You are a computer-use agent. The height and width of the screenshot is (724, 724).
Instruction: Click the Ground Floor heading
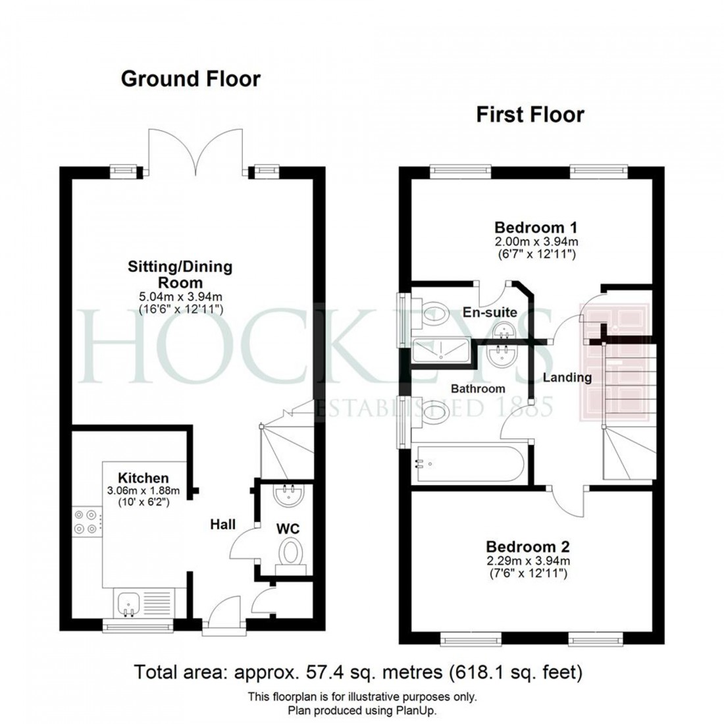[x=191, y=79]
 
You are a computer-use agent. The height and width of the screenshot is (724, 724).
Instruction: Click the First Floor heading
[x=530, y=115]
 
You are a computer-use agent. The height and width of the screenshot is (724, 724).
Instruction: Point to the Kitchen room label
[x=143, y=478]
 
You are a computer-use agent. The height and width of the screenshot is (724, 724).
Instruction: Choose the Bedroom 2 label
[x=528, y=546]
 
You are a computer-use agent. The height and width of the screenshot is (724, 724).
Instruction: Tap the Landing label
[x=567, y=378]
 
